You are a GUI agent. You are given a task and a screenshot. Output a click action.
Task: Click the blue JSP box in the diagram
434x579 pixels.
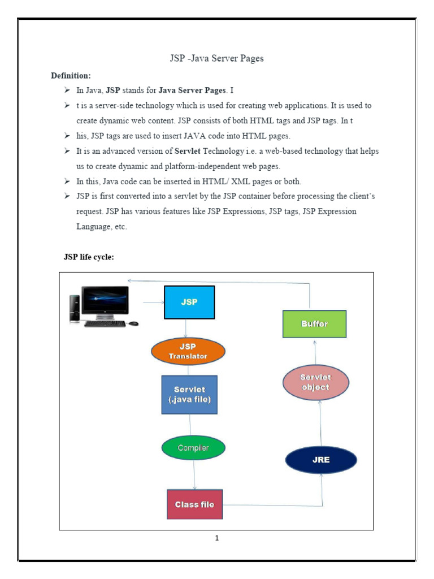(x=189, y=303)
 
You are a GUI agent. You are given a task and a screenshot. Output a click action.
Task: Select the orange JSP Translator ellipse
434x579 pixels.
(x=188, y=351)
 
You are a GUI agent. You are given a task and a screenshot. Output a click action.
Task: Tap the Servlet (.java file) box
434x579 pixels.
(x=189, y=395)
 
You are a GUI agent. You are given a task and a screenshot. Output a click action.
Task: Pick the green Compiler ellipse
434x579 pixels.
(x=193, y=448)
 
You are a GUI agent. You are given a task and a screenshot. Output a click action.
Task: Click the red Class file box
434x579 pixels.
(x=194, y=504)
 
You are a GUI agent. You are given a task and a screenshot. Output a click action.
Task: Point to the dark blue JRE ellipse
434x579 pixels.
(x=321, y=459)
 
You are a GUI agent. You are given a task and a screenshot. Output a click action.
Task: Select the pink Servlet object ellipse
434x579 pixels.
(x=315, y=382)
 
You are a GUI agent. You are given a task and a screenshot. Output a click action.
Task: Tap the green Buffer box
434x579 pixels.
(x=314, y=324)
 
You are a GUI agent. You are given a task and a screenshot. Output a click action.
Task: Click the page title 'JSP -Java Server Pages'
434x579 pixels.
(x=217, y=58)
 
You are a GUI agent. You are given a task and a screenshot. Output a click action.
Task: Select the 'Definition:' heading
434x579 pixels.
(x=71, y=75)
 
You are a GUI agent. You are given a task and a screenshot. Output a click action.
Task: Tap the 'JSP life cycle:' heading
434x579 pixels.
(x=89, y=258)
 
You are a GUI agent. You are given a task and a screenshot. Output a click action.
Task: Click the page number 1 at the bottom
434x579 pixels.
(x=217, y=538)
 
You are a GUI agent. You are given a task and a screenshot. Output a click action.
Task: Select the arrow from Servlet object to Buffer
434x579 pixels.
(x=315, y=351)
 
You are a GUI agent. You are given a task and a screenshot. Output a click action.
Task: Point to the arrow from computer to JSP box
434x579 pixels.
(x=153, y=303)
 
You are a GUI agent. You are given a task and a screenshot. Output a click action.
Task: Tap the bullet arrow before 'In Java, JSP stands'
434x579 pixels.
(x=67, y=90)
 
